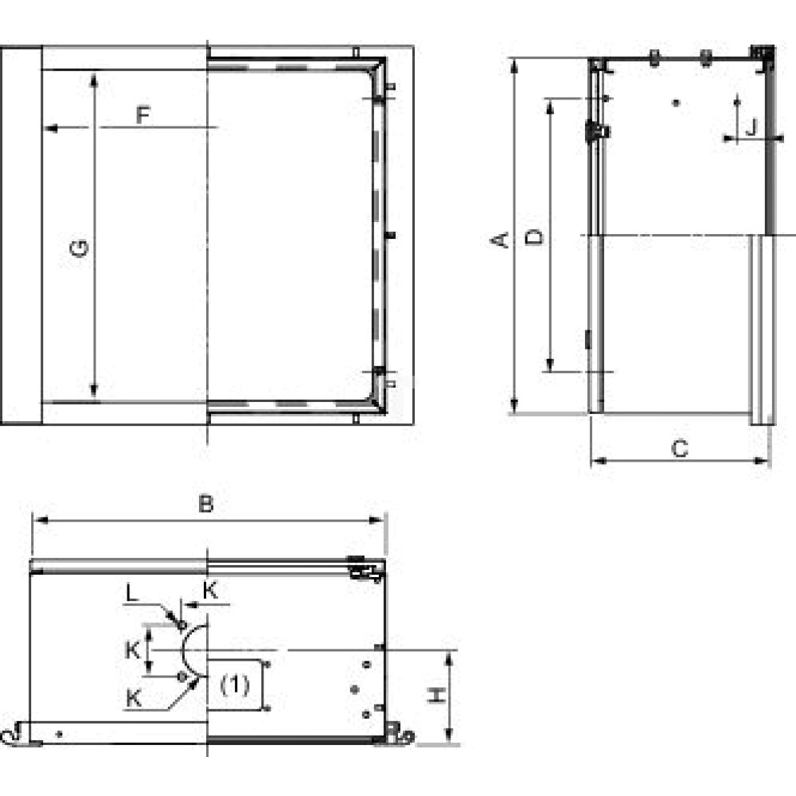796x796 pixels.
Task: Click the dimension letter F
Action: tap(143, 115)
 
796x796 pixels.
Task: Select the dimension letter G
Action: tap(79, 248)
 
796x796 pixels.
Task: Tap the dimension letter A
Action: tap(500, 240)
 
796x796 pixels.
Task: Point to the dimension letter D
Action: tap(533, 236)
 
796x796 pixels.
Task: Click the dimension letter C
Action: tap(680, 449)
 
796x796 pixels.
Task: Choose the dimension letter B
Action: tap(205, 504)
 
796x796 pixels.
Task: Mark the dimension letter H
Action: tap(436, 696)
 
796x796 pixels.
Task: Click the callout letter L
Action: tap(132, 592)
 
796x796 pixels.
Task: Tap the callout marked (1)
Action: tap(235, 685)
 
